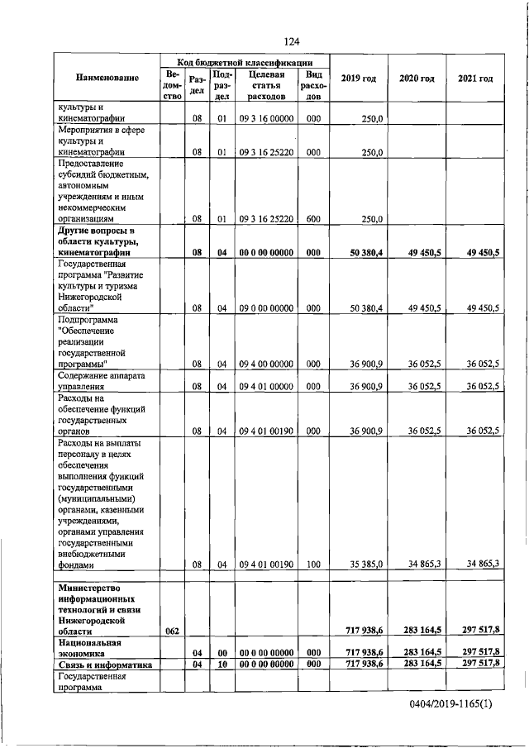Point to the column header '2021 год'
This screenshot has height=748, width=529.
pyautogui.click(x=475, y=79)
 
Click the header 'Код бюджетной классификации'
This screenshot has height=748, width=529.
pyautogui.click(x=245, y=62)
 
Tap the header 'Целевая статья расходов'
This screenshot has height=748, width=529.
pyautogui.click(x=266, y=85)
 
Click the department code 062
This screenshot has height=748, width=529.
pyautogui.click(x=172, y=631)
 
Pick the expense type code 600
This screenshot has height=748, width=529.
pyautogui.click(x=312, y=219)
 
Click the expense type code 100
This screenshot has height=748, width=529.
pyautogui.click(x=312, y=565)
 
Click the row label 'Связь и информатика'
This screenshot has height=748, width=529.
pyautogui.click(x=105, y=663)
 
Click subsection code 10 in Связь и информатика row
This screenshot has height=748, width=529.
pyautogui.click(x=222, y=663)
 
